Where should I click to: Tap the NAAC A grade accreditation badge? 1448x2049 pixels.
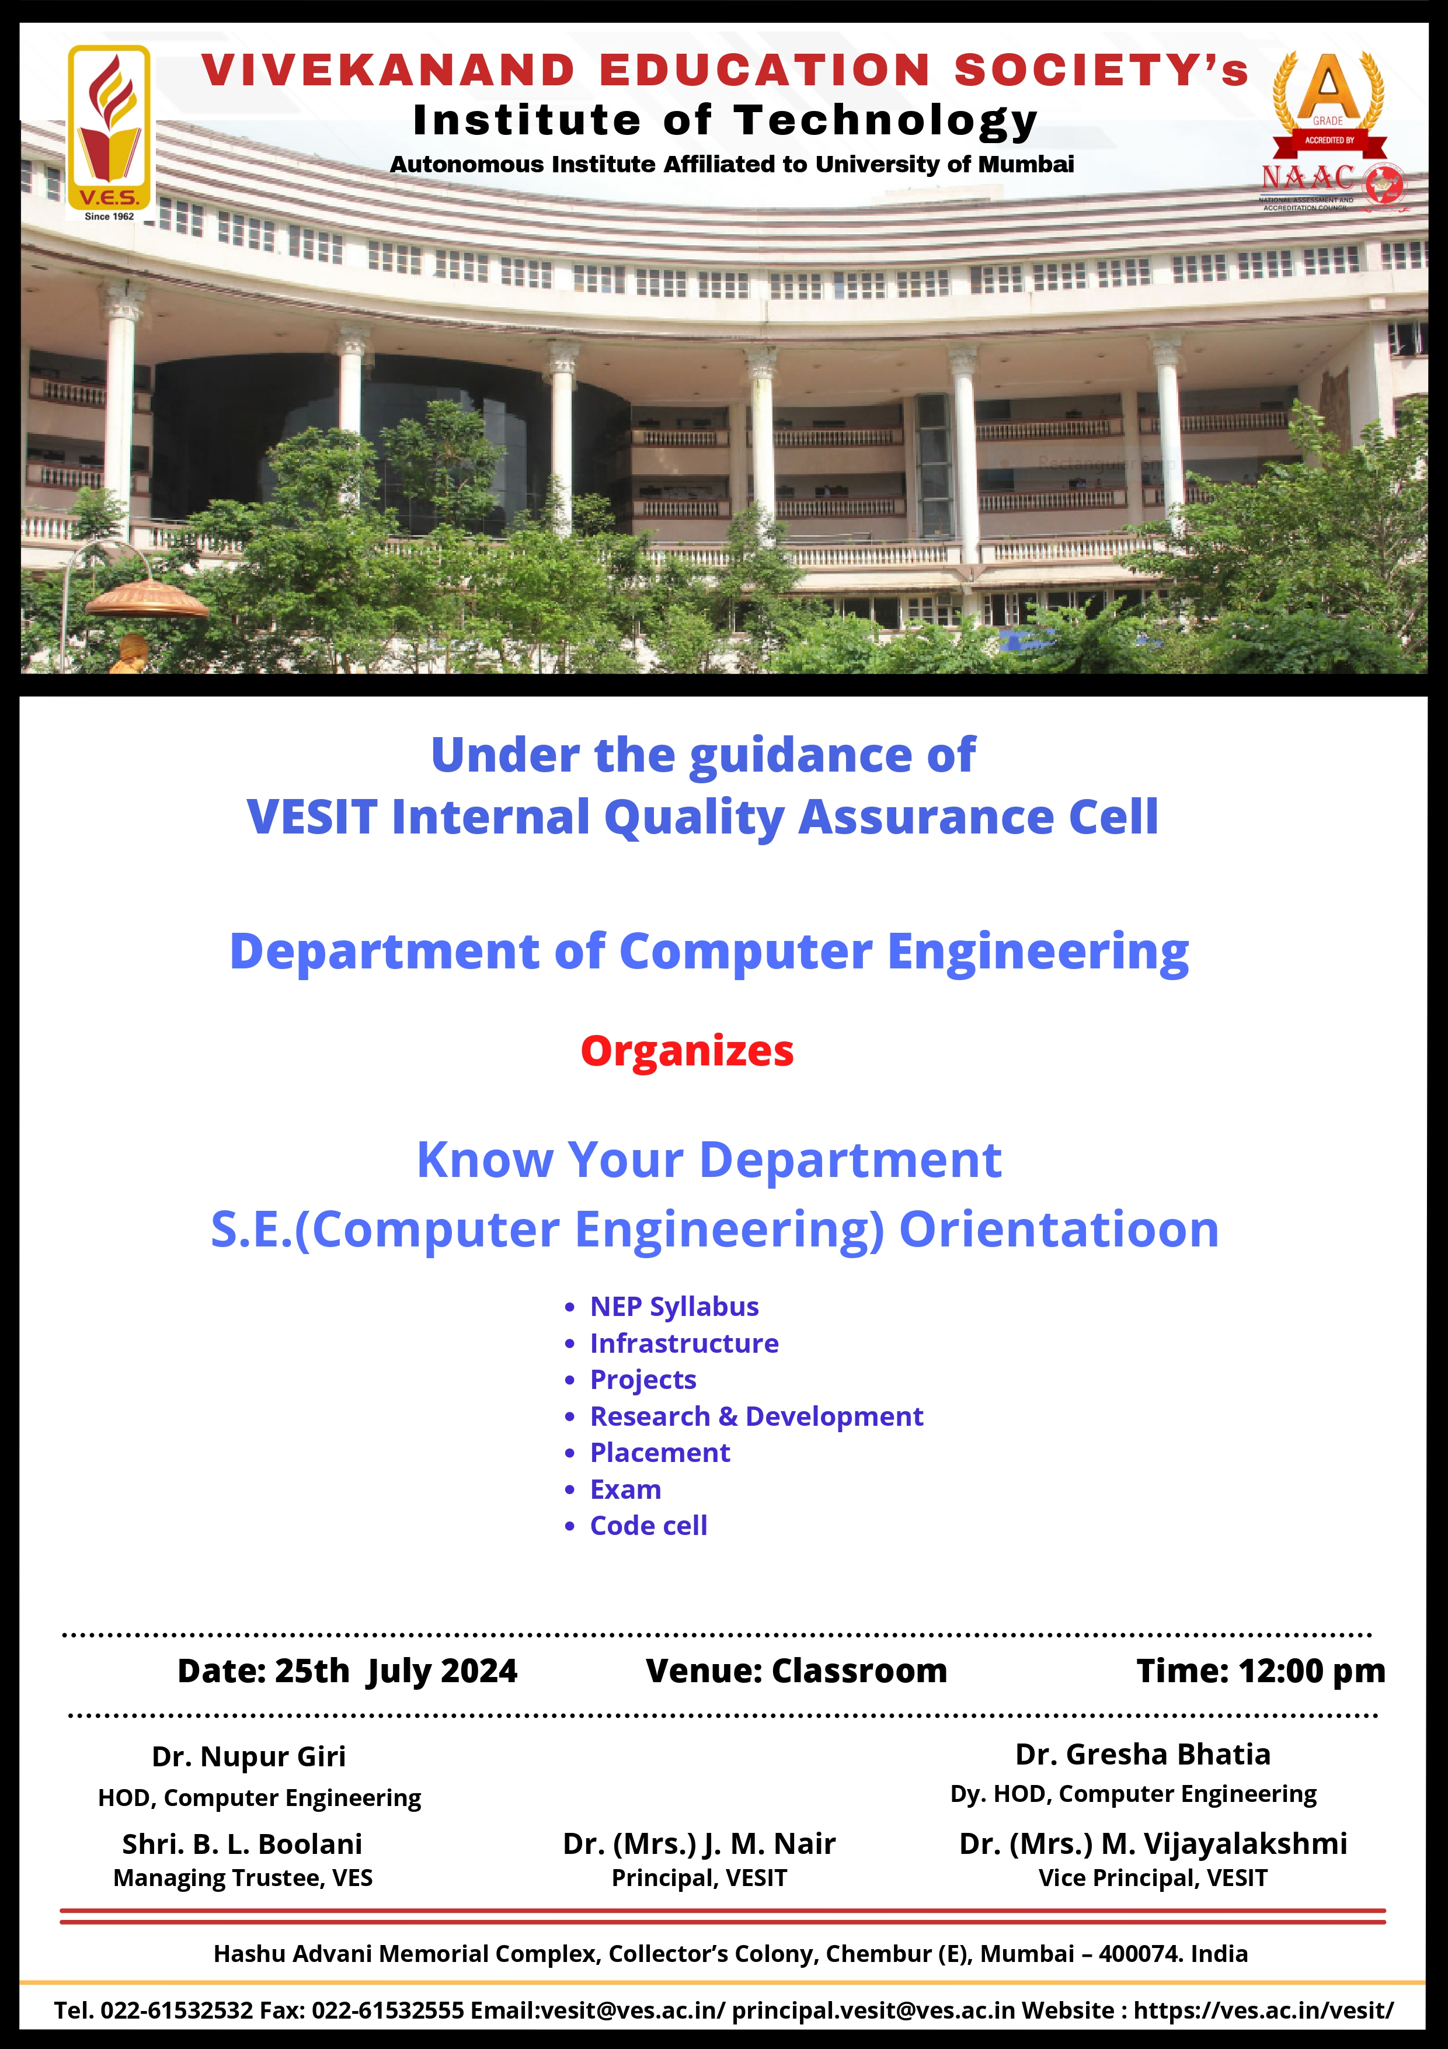point(1332,132)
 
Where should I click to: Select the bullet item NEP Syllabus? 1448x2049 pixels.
point(674,1307)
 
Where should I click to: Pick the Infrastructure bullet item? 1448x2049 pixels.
point(684,1343)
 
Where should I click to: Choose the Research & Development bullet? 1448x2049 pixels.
point(757,1416)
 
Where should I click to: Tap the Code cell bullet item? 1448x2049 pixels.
point(649,1526)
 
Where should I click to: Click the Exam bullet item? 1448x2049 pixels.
point(625,1489)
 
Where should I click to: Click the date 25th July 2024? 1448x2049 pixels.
point(396,1672)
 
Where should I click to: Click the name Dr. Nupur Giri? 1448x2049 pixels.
point(249,1756)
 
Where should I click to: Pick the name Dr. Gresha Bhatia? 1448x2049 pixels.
point(1143,1755)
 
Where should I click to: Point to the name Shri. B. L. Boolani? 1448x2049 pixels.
point(243,1844)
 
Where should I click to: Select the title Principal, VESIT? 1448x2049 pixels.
point(699,1878)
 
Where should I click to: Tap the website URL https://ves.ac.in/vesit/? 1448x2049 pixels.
point(1263,2010)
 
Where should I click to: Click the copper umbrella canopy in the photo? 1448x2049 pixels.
point(147,599)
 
